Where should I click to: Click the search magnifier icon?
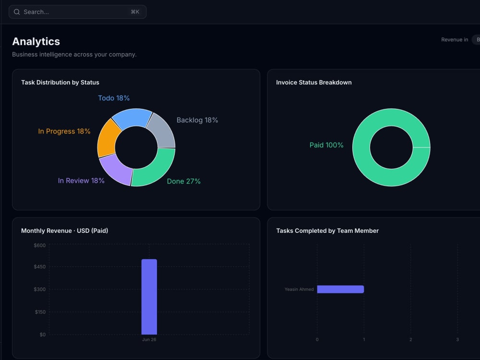pos(17,12)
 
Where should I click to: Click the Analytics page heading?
pos(36,41)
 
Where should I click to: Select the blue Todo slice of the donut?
pos(132,118)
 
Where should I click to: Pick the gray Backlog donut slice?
pos(162,131)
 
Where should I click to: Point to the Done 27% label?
pos(184,181)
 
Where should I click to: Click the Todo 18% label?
pos(114,98)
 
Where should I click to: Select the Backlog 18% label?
pos(197,120)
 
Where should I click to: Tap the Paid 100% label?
pos(326,145)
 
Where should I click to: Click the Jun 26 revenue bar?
pos(149,297)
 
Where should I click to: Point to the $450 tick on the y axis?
pos(39,266)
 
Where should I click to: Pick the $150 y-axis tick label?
pos(40,312)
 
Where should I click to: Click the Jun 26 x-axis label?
pos(149,339)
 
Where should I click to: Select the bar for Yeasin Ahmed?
pos(340,289)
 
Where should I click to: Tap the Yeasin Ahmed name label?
pos(299,289)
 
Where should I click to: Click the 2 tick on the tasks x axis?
pos(411,339)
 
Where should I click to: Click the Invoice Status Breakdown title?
pos(314,83)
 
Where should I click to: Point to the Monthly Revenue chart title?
pos(65,231)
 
